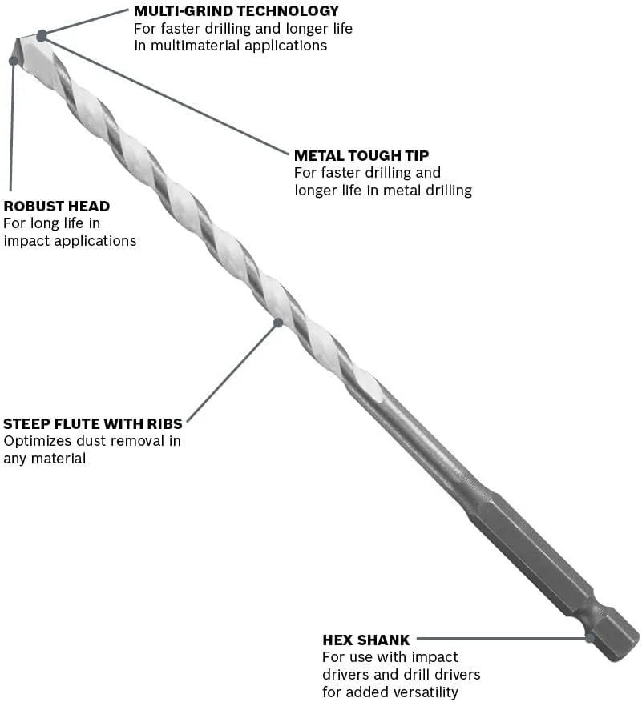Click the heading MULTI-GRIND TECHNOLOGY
236,11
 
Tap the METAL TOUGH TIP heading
361,155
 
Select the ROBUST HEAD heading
56,206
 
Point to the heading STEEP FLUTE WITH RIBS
93,423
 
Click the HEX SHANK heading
366,640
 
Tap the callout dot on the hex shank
590,638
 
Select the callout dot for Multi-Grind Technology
41,34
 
